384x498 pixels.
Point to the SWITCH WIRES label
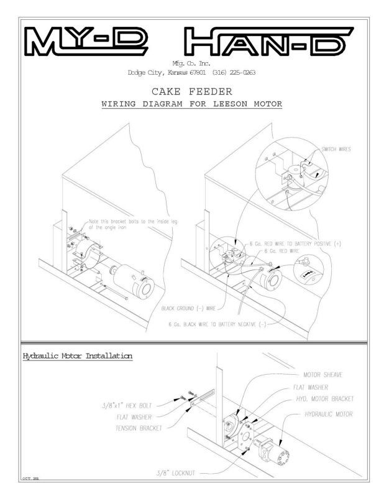point(336,150)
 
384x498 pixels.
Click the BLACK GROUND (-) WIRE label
point(188,308)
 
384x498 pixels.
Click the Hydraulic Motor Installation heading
point(77,356)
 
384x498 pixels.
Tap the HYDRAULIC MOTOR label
point(329,413)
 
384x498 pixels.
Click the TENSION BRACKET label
point(138,428)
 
